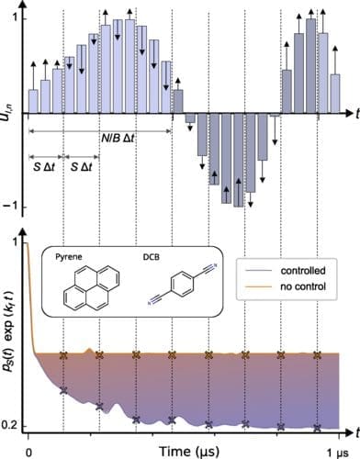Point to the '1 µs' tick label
pos(334,451)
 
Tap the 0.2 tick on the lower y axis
pos(11,426)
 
